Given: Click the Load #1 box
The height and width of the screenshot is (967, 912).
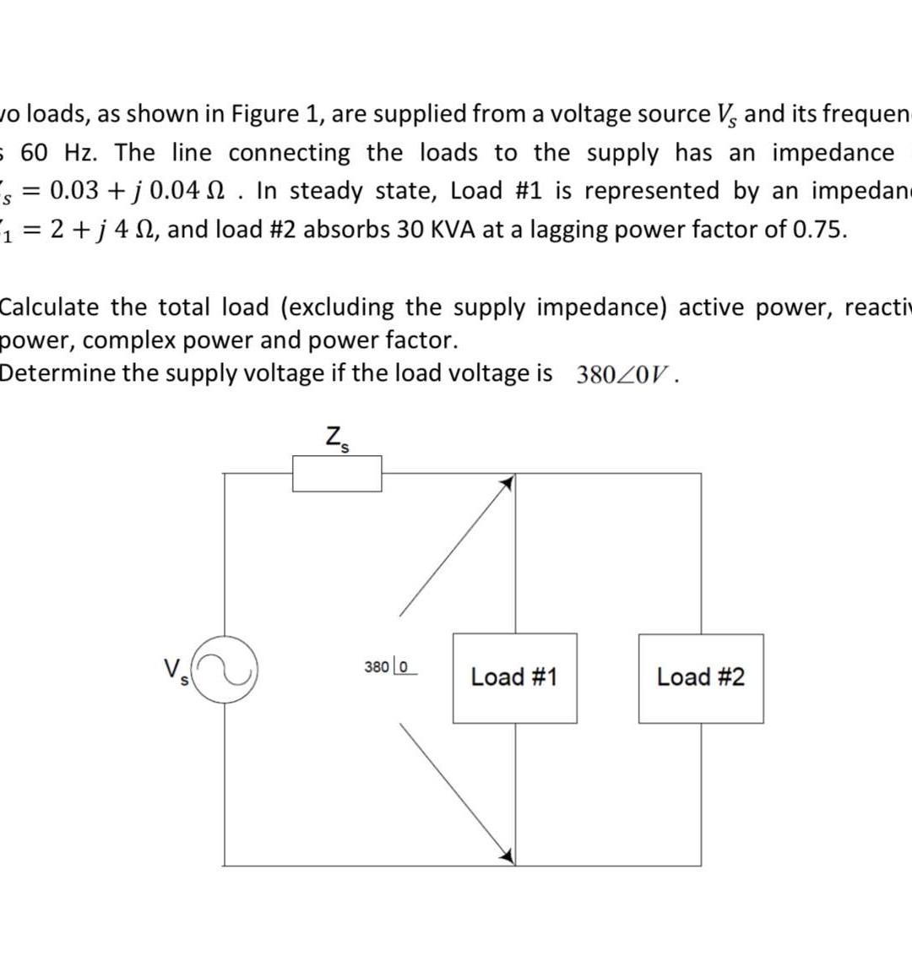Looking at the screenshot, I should (x=515, y=677).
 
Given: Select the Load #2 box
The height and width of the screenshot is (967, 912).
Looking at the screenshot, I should (x=701, y=677).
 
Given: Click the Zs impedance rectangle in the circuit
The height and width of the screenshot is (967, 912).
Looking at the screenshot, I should (x=337, y=473).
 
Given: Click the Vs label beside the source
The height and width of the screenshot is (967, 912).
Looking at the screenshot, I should (x=176, y=671).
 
